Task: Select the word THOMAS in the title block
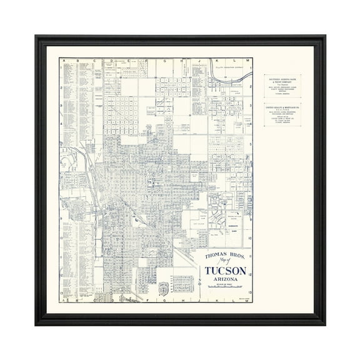pyautogui.click(x=212, y=256)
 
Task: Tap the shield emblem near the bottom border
pyautogui.click(x=164, y=289)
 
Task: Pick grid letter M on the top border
pyautogui.click(x=247, y=61)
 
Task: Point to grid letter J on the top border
pyautogui.click(x=199, y=61)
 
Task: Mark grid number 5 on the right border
pyautogui.click(x=251, y=144)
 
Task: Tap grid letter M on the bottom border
pyautogui.click(x=247, y=301)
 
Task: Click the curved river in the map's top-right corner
pyautogui.click(x=237, y=78)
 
